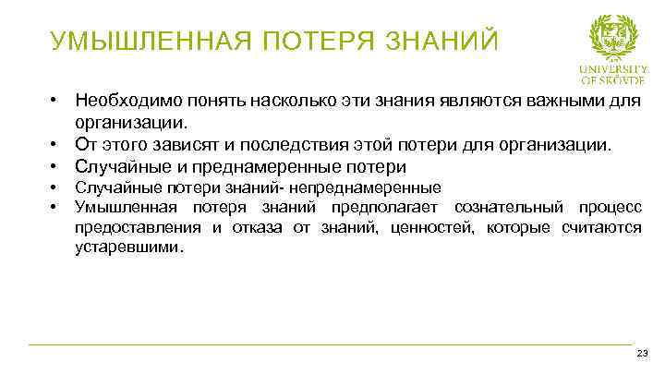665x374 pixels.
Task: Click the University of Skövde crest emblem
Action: [x=613, y=38]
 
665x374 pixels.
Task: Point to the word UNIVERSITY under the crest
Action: [x=613, y=68]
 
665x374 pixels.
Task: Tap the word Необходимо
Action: [x=126, y=99]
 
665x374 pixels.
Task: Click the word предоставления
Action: [x=138, y=227]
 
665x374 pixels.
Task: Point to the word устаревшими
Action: [x=127, y=247]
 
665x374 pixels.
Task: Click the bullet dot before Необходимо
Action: [x=55, y=99]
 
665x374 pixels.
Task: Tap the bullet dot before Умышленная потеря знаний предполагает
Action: [x=55, y=206]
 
